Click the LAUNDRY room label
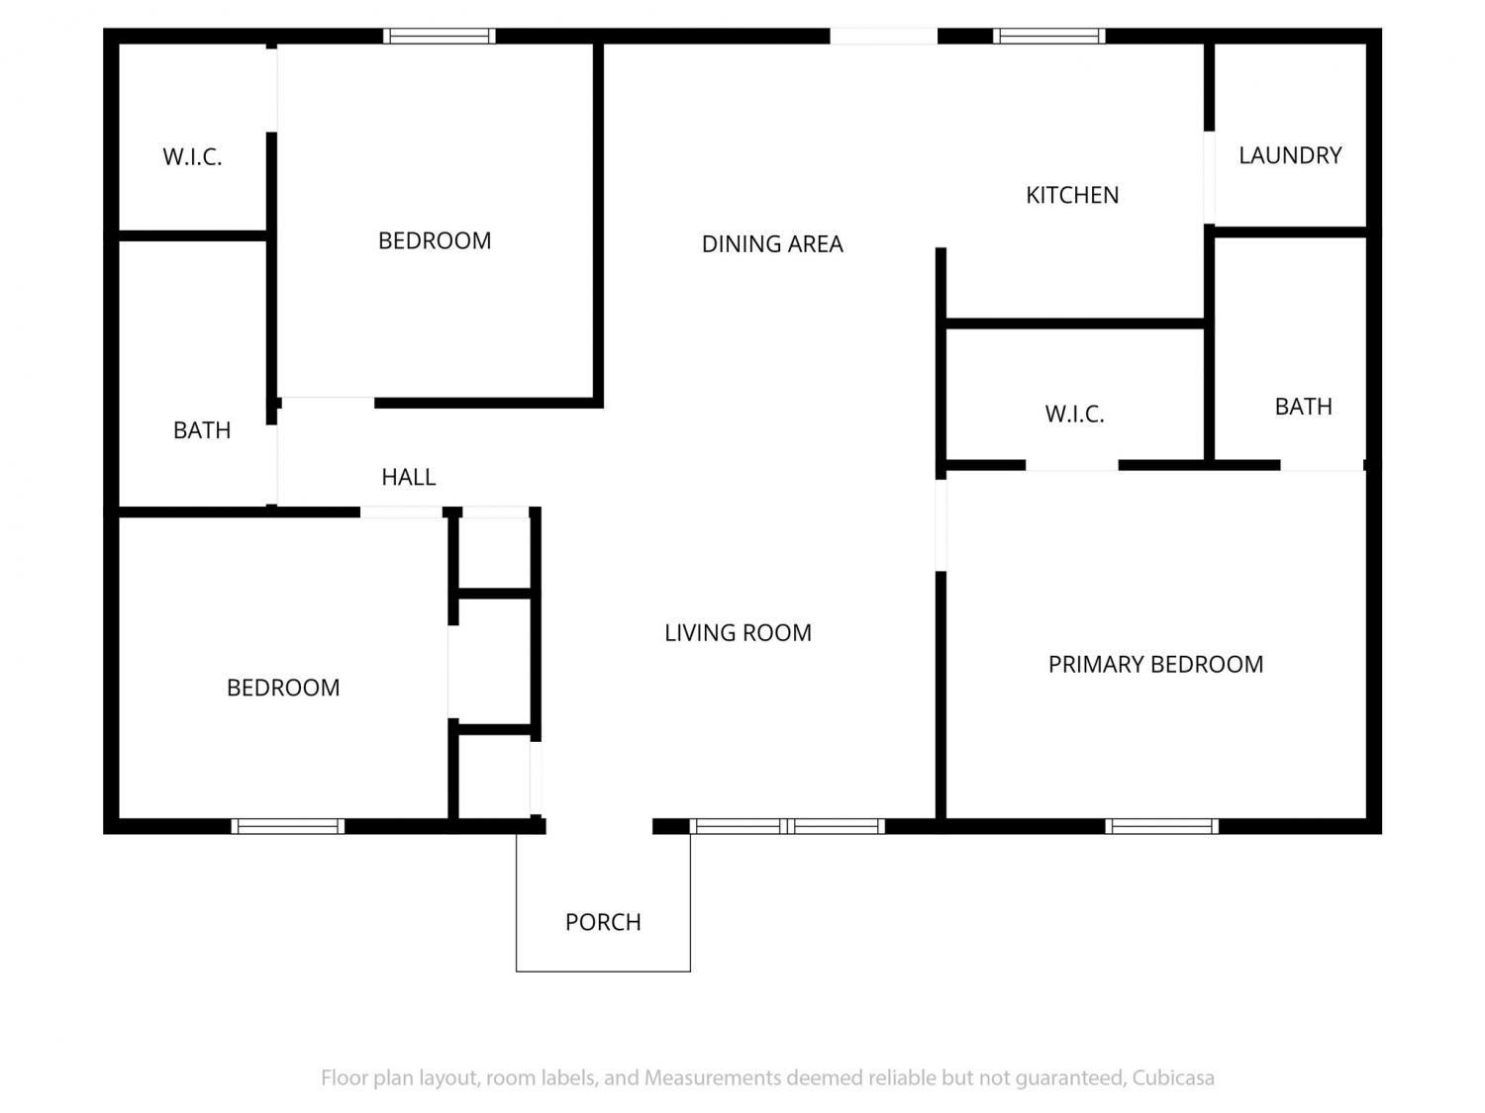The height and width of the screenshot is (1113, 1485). click(x=1290, y=155)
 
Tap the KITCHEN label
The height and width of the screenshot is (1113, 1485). click(x=1071, y=195)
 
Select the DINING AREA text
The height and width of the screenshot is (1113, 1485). click(x=772, y=244)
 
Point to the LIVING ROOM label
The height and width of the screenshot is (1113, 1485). click(x=738, y=632)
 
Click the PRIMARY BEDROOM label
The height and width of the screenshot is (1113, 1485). click(x=1155, y=664)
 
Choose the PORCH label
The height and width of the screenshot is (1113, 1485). click(x=603, y=922)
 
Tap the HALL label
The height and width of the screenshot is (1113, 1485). click(x=408, y=477)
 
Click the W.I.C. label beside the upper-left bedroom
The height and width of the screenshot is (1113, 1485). click(x=192, y=156)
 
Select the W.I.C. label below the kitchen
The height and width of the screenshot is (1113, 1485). click(x=1074, y=414)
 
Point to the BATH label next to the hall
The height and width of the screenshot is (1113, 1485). click(x=202, y=429)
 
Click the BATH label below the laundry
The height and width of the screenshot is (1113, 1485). click(x=1303, y=407)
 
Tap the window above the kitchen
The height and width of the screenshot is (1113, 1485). click(x=1048, y=36)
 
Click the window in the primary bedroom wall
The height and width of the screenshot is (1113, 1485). click(x=1161, y=826)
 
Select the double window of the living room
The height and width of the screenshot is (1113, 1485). click(x=787, y=826)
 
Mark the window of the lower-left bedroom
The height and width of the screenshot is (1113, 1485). click(x=287, y=826)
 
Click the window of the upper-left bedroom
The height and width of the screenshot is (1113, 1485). click(x=440, y=36)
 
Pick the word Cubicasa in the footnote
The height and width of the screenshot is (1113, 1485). click(x=1173, y=1077)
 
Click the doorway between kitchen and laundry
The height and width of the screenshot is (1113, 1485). click(x=1209, y=177)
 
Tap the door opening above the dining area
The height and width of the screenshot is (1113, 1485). click(x=883, y=36)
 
